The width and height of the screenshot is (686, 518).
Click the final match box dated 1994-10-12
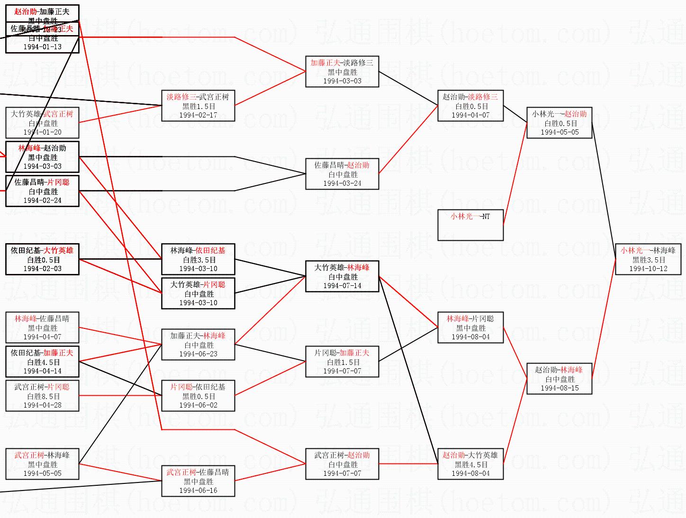coord(648,259)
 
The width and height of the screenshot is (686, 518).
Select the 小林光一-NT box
coord(470,225)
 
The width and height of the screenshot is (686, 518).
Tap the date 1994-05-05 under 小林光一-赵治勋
coord(560,132)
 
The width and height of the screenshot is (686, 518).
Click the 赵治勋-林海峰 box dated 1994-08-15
coord(560,379)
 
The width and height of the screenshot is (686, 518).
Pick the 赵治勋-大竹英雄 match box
coord(470,464)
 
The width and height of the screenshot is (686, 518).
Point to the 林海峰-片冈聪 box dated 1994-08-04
coord(470,327)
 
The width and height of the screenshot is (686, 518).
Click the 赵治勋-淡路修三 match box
coord(470,106)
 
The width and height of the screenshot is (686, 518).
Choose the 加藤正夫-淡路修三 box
coord(342,72)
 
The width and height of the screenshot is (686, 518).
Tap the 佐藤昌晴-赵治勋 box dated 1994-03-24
coord(342,174)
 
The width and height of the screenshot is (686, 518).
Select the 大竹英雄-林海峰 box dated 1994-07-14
coord(342,276)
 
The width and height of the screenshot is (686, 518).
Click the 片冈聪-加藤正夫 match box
coord(342,362)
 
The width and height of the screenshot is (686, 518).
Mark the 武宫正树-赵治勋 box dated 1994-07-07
coord(342,464)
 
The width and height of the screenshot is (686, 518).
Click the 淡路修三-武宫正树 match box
coord(198,106)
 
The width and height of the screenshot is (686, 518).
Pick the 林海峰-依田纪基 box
coord(198,259)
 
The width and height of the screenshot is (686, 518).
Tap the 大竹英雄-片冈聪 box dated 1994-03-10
coord(198,293)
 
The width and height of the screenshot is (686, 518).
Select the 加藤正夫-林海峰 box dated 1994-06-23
coord(198,345)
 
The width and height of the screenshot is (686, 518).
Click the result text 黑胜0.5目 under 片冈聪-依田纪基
coord(198,396)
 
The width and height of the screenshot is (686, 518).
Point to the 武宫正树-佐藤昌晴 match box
coord(198,481)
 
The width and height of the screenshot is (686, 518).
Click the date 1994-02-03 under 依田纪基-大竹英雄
coord(43,269)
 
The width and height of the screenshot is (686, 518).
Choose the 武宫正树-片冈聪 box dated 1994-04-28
coord(43,396)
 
